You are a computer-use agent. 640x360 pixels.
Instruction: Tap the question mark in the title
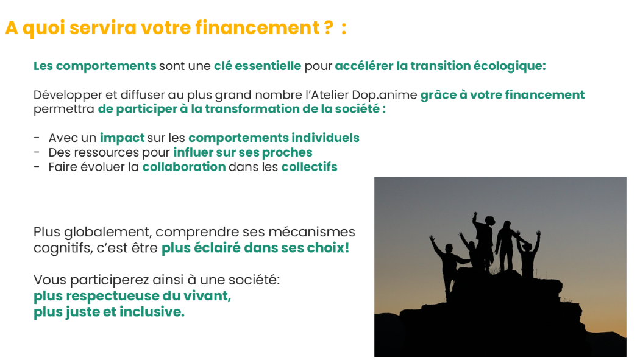tap(329, 27)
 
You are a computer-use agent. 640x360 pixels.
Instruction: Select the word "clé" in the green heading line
tap(223, 66)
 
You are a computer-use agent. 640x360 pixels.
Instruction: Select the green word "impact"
tap(122, 138)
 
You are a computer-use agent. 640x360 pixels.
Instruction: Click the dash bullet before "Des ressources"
tap(37, 152)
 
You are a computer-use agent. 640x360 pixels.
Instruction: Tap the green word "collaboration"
tap(183, 167)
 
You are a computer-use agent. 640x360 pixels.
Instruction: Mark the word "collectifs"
tap(310, 167)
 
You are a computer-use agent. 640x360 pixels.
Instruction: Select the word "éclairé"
tap(216, 248)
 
